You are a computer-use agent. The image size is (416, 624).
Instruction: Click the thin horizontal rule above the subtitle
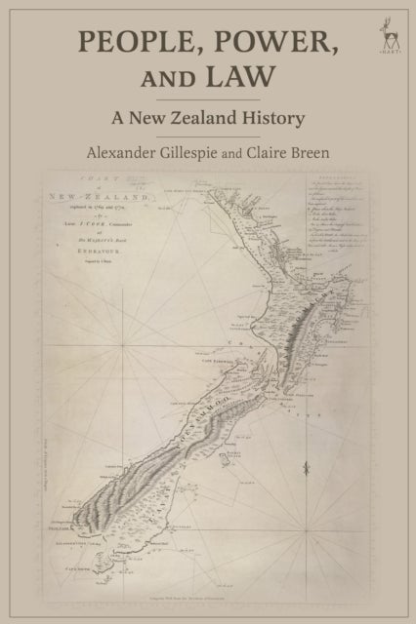[x=208, y=100]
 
